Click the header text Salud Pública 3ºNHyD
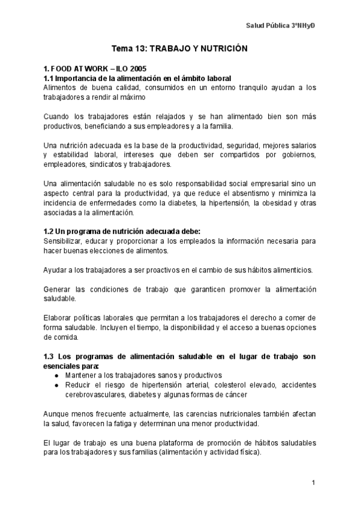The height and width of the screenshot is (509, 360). pos(281,26)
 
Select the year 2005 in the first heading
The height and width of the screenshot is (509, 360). pos(137,68)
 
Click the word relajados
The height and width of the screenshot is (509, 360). pos(153,116)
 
